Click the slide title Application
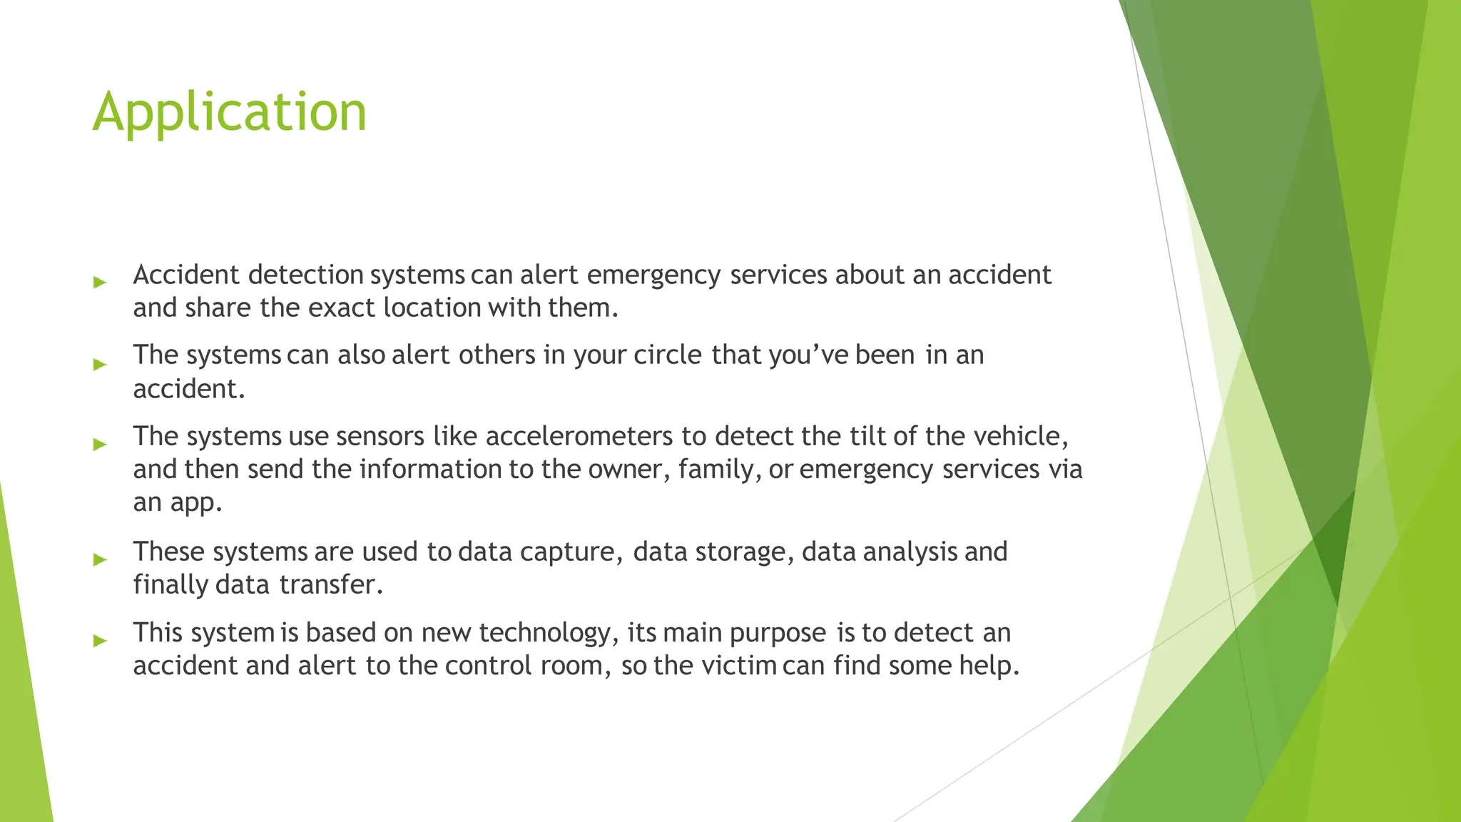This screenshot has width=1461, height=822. click(x=230, y=112)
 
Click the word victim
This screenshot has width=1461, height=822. click(x=738, y=666)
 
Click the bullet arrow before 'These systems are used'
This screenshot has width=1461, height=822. click(x=100, y=559)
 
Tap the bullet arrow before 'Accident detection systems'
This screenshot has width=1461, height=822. click(x=100, y=283)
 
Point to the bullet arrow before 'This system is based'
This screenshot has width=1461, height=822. click(x=100, y=641)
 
